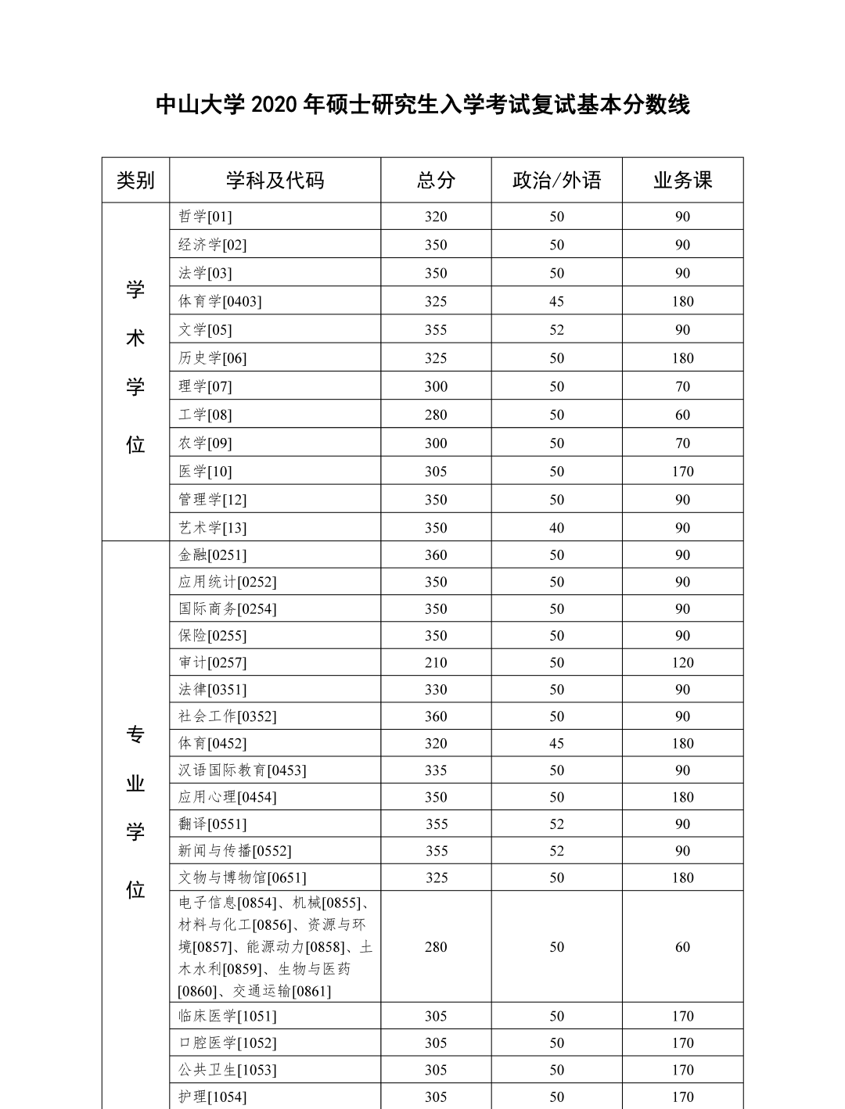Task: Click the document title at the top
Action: pyautogui.click(x=422, y=104)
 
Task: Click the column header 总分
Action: pyautogui.click(x=436, y=181)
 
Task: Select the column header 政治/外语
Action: pyautogui.click(x=556, y=181)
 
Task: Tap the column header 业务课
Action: pyautogui.click(x=682, y=181)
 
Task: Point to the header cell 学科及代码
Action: pyautogui.click(x=275, y=181)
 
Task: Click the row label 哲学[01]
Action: pyautogui.click(x=205, y=217)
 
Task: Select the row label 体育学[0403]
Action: pyautogui.click(x=220, y=301)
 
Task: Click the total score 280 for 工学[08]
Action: pyautogui.click(x=436, y=415)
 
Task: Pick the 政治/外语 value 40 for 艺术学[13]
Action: pyautogui.click(x=556, y=528)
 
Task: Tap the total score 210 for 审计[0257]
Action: pyautogui.click(x=436, y=662)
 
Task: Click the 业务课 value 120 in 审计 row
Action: pyautogui.click(x=682, y=662)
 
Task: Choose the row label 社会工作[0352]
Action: pyautogui.click(x=228, y=716)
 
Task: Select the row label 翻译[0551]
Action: pyautogui.click(x=212, y=824)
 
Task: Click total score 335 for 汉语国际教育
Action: pyautogui.click(x=436, y=770)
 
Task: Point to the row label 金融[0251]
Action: pyautogui.click(x=212, y=555)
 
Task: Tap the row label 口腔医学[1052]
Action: pyautogui.click(x=228, y=1043)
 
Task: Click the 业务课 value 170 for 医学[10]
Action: pyautogui.click(x=682, y=472)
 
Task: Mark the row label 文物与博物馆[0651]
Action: pyautogui.click(x=243, y=878)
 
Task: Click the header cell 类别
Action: pyautogui.click(x=135, y=181)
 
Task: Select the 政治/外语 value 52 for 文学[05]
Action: pyautogui.click(x=556, y=330)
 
